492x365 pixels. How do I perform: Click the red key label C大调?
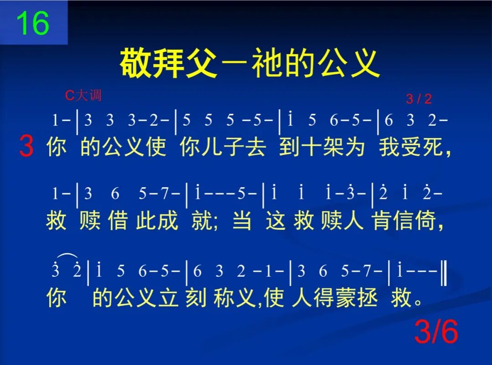[83, 95]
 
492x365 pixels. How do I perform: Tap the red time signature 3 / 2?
[418, 99]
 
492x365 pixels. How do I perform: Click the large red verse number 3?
[26, 147]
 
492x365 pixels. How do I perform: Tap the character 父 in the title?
[201, 64]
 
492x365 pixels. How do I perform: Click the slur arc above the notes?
[67, 257]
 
